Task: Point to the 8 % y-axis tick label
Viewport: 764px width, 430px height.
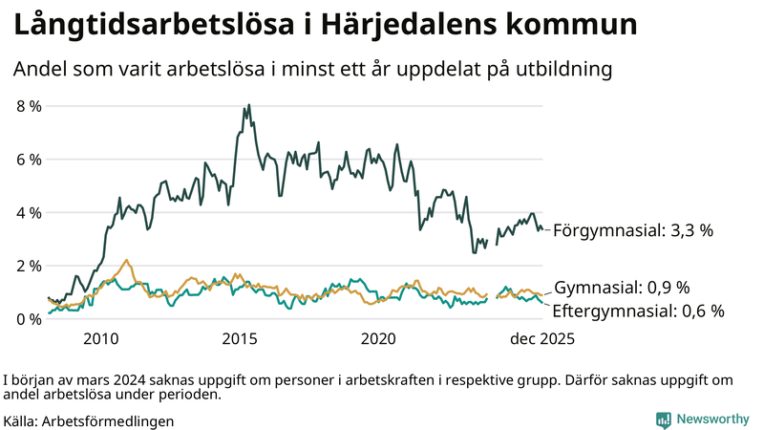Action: pos(29,106)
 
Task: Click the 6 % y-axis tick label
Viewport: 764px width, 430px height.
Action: pos(29,160)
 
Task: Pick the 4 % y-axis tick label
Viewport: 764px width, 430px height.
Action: pos(29,212)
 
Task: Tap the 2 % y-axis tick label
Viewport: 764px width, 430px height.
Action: pos(29,266)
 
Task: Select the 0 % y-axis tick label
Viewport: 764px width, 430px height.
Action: pos(29,319)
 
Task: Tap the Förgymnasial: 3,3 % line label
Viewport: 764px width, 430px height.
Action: pos(633,230)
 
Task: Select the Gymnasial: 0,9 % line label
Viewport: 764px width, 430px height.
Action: pos(622,288)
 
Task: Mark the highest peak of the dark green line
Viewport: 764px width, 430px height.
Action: pos(249,105)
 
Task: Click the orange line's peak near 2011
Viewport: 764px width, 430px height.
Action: pos(126,260)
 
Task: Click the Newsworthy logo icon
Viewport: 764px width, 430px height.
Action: pos(663,419)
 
